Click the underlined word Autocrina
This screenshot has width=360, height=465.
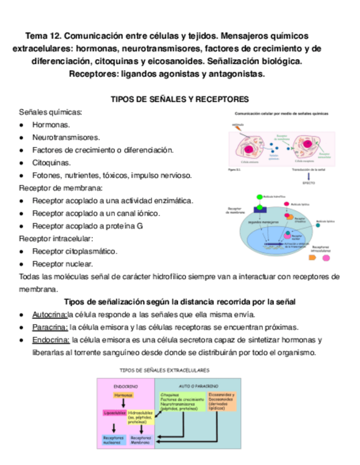pos(49,315)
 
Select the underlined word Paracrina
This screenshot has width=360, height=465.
pos(50,327)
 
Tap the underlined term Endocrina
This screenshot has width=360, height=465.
pos(50,340)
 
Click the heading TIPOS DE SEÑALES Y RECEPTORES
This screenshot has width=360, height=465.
pos(180,99)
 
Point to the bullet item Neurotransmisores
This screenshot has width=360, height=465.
pos(66,138)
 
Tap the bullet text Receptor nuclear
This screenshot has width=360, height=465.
pos(62,264)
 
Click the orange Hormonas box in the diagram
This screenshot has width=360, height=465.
pos(123,395)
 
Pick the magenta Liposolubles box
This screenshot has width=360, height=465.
pos(114,412)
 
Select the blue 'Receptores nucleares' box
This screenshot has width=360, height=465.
pos(114,440)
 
